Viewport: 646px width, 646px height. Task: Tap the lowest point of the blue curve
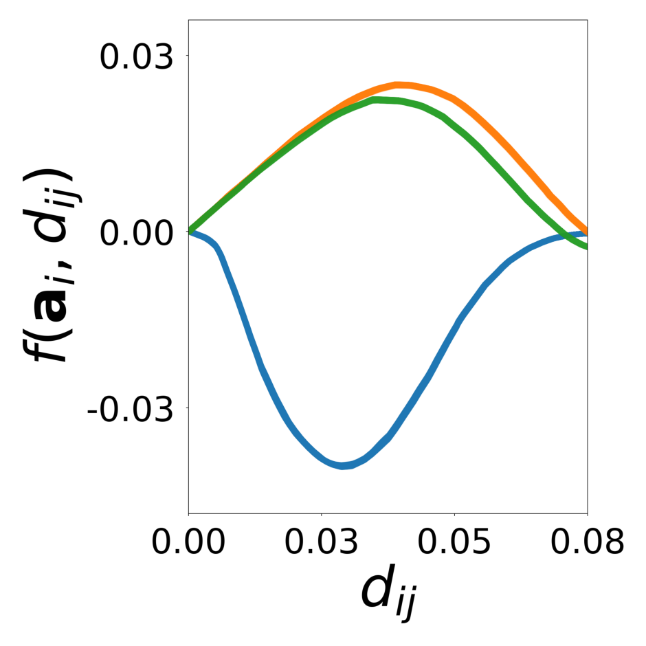point(344,465)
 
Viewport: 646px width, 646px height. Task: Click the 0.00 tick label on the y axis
point(135,232)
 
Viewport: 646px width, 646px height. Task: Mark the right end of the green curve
point(586,247)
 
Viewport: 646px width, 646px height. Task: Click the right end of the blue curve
point(586,234)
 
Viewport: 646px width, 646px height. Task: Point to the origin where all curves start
point(189,232)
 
